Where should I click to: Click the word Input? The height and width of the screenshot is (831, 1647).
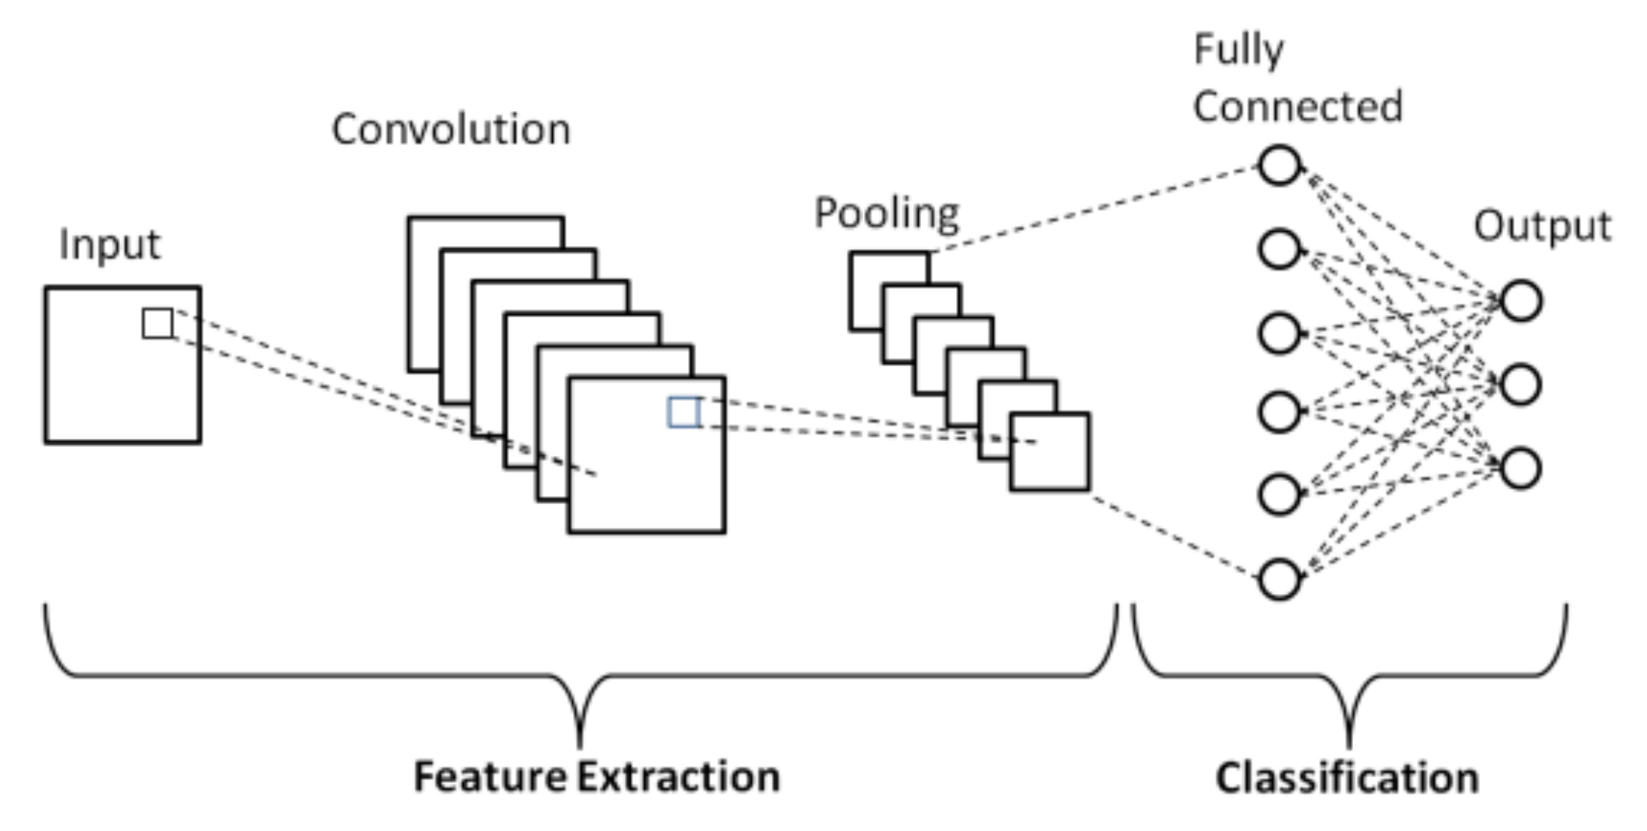click(109, 245)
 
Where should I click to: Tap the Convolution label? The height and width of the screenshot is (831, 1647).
click(451, 130)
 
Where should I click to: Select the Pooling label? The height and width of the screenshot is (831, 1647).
click(886, 214)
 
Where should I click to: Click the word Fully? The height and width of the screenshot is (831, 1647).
click(1238, 51)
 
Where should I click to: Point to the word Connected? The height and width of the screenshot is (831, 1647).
click(1297, 106)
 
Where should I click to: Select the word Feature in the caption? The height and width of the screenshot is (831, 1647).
click(490, 776)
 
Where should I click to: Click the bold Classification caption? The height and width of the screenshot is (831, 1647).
click(1347, 778)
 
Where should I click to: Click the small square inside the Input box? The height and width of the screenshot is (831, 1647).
click(157, 323)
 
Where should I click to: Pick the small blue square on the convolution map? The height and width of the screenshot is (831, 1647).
click(684, 412)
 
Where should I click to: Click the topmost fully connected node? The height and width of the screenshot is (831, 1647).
click(1279, 165)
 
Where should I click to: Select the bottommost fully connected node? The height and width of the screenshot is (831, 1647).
click(1279, 579)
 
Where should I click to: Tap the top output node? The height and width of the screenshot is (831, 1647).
click(1520, 301)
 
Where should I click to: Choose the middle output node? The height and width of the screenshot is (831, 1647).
click(1520, 385)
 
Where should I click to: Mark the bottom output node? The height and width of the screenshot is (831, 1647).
click(1520, 469)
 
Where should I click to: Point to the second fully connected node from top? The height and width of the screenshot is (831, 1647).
click(1279, 248)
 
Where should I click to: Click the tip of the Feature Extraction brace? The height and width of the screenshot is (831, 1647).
click(580, 747)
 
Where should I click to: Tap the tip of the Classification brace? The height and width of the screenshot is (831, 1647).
click(1349, 747)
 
